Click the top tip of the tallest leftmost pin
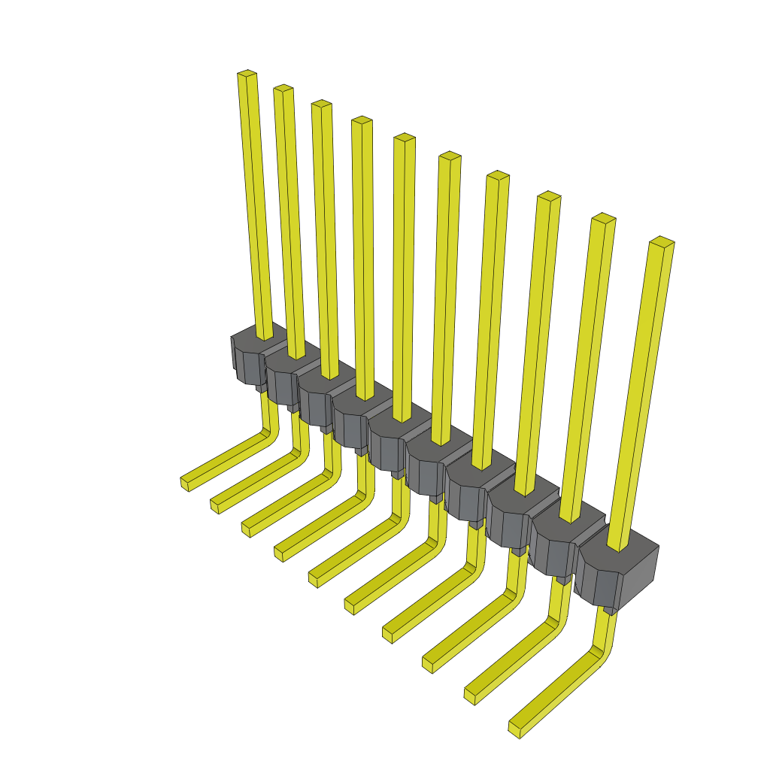[247, 74]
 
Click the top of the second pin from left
[283, 89]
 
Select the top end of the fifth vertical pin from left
[405, 138]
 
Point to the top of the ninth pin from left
[603, 218]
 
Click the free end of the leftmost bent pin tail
[185, 484]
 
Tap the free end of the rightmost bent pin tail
[516, 729]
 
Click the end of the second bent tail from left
[215, 506]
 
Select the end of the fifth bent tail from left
[313, 579]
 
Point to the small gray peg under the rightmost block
[609, 610]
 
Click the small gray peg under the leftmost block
[260, 387]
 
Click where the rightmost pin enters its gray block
[618, 547]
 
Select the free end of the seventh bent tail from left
[388, 635]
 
